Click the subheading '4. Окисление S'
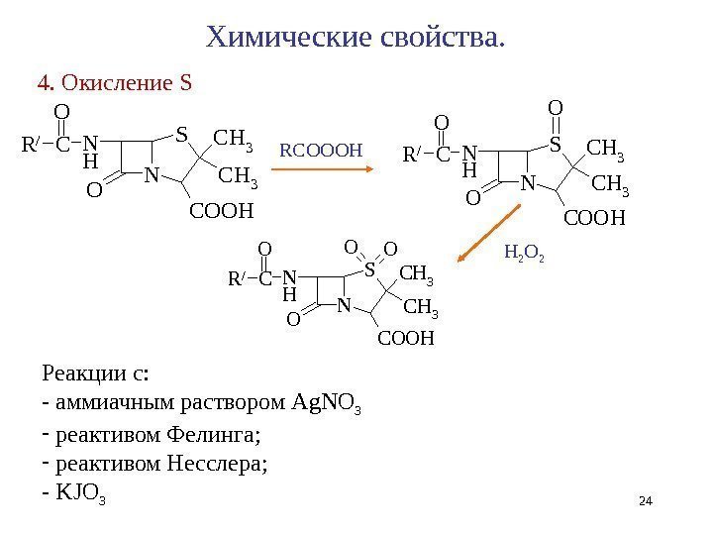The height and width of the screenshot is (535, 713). pyautogui.click(x=113, y=82)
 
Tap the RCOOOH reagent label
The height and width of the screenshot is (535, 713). pyautogui.click(x=322, y=151)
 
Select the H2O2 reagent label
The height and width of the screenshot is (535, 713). pyautogui.click(x=524, y=255)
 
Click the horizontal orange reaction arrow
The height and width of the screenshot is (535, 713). pyautogui.click(x=322, y=170)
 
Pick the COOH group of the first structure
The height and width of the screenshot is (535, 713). pyautogui.click(x=222, y=211)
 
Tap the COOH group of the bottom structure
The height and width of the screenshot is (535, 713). pyautogui.click(x=406, y=339)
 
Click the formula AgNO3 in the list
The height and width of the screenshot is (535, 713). pyautogui.click(x=332, y=402)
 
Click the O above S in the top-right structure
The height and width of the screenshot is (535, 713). pyautogui.click(x=555, y=106)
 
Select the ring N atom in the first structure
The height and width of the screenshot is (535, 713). pyautogui.click(x=152, y=173)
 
